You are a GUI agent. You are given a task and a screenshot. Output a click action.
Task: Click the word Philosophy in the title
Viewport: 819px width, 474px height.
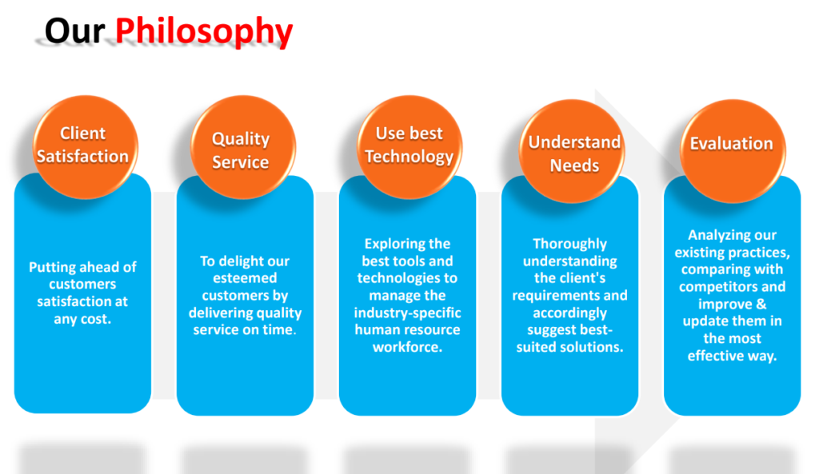click(204, 31)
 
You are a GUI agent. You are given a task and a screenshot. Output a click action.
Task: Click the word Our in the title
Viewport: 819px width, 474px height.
click(74, 30)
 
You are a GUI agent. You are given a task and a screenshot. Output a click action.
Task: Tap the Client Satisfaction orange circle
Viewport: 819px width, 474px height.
click(85, 147)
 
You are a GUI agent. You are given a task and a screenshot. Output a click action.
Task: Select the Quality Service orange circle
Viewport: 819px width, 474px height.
click(243, 147)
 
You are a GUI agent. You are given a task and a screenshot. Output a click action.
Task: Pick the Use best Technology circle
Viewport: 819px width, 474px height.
click(409, 147)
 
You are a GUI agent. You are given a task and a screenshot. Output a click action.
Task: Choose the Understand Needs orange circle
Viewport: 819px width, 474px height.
click(572, 151)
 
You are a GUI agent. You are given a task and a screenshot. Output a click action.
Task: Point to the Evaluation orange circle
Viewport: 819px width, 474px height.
click(733, 151)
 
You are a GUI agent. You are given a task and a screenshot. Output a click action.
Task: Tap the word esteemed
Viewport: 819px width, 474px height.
click(245, 277)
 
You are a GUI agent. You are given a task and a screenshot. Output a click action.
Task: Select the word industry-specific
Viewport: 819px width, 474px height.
click(407, 313)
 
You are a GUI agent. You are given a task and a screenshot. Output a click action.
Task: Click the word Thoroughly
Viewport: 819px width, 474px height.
click(569, 244)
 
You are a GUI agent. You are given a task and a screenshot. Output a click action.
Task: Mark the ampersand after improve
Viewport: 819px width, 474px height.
click(761, 304)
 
